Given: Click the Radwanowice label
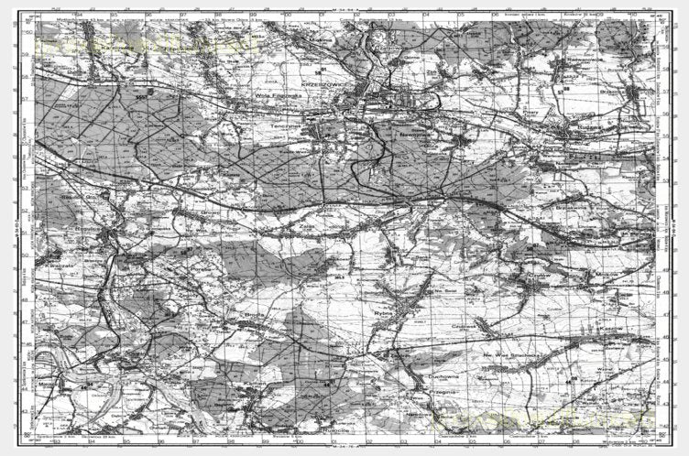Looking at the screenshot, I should click(x=583, y=58).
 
